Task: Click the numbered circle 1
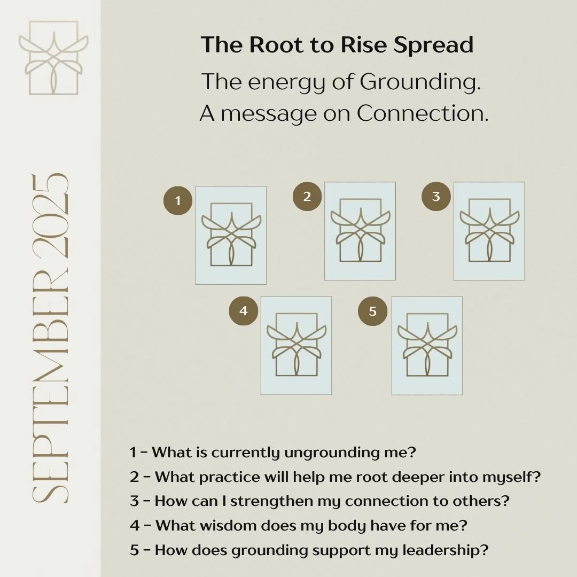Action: click(177, 201)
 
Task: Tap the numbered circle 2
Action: click(307, 196)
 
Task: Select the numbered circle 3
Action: click(436, 196)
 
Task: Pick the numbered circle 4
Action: click(244, 311)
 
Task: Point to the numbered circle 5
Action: click(373, 311)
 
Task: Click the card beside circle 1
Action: click(231, 235)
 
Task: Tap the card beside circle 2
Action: click(360, 231)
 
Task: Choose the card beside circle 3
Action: click(489, 231)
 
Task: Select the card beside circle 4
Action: click(296, 345)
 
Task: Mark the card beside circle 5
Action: click(427, 346)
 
